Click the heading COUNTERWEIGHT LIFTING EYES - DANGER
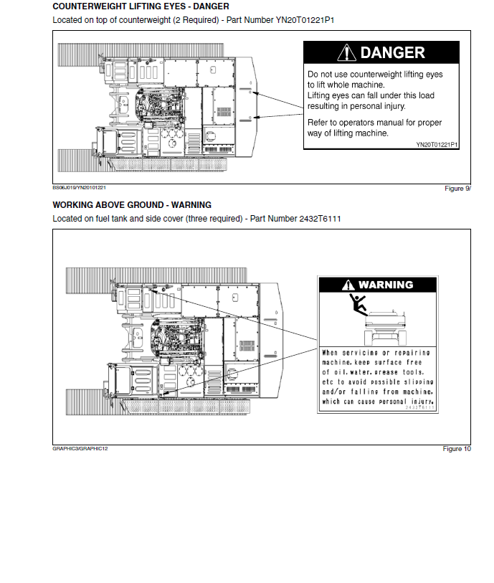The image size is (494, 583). click(141, 6)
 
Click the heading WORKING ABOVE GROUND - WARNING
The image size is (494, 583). click(132, 205)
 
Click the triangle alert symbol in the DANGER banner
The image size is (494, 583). click(348, 52)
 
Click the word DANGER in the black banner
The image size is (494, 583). click(392, 52)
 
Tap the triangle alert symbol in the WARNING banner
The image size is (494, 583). click(349, 285)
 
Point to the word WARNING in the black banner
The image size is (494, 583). click(386, 285)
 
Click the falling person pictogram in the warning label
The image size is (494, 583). click(357, 304)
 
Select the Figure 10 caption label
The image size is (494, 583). click(457, 449)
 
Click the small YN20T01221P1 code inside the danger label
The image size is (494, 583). click(437, 144)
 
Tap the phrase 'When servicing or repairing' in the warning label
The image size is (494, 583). click(376, 353)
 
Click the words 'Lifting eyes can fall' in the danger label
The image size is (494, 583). click(343, 95)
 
